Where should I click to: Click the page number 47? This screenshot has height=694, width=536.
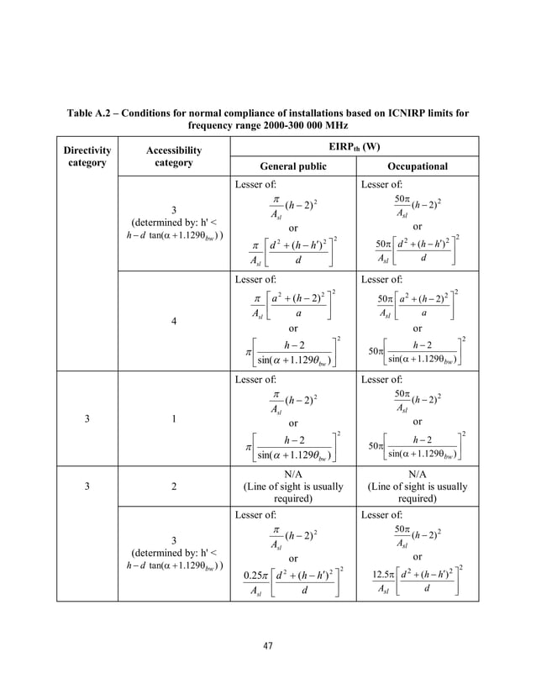[268, 646]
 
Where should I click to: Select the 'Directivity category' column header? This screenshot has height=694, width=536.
[87, 156]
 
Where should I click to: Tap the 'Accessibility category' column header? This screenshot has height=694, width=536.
[174, 156]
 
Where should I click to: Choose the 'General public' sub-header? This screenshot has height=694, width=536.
[293, 166]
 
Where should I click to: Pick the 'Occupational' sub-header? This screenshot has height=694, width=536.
[417, 166]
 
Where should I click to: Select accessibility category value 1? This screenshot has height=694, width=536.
[174, 422]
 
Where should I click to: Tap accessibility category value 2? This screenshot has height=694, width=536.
[174, 486]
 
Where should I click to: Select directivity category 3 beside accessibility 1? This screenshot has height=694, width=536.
[87, 422]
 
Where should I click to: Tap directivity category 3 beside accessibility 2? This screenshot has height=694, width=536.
[87, 486]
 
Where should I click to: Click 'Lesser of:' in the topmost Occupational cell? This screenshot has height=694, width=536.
[382, 183]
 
